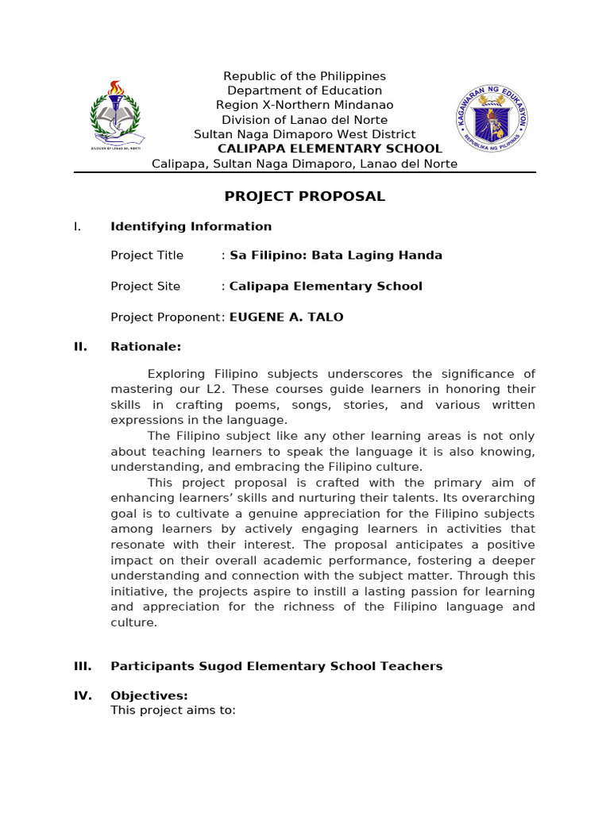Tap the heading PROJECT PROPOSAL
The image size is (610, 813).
point(304,197)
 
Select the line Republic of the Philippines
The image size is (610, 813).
point(304,76)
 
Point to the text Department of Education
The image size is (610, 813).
point(304,91)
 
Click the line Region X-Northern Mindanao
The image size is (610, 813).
point(304,105)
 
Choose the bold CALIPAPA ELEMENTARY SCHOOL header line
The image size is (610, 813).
point(330,148)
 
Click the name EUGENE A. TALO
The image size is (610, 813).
point(286,317)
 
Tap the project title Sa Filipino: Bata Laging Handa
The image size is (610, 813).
point(336,256)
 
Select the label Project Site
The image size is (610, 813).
point(145,287)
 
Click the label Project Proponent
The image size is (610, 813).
point(166,317)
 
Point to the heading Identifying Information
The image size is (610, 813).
point(191,226)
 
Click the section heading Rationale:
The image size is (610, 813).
point(145,347)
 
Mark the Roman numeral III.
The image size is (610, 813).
point(83,666)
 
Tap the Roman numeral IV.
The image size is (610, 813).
point(83,696)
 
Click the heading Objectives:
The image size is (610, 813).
point(149,696)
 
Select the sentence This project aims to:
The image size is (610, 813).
point(172,711)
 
